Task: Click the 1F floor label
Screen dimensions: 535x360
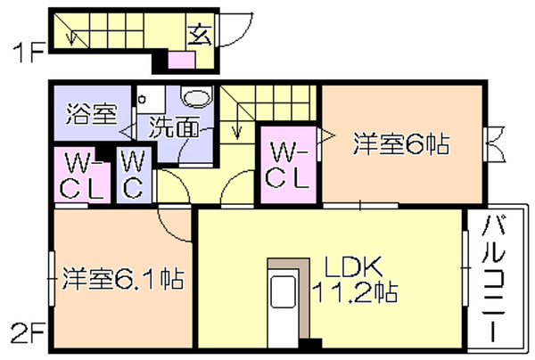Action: click(29, 53)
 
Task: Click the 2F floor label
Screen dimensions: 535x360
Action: click(28, 332)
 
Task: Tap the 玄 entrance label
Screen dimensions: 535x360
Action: click(200, 35)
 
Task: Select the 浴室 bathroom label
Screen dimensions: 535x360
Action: click(91, 113)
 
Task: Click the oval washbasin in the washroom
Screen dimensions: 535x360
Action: click(197, 95)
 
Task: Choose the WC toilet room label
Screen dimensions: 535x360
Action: click(133, 175)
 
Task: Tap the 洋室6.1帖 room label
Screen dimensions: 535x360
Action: click(123, 279)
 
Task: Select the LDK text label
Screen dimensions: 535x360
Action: click(353, 267)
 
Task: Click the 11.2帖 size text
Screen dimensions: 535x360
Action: click(355, 291)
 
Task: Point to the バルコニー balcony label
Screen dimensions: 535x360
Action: click(493, 279)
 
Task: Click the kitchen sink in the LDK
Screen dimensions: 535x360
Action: click(283, 291)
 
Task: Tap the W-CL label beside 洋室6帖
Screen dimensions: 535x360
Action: click(288, 165)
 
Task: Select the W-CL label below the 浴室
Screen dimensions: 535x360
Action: click(82, 176)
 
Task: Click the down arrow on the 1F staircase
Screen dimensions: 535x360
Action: click(71, 37)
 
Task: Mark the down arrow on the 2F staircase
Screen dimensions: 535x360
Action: click(237, 132)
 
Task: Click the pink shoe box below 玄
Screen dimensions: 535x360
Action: click(182, 61)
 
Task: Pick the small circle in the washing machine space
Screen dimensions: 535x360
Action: click(142, 100)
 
